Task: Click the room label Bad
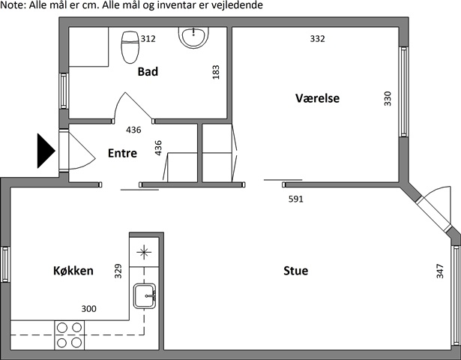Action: (x=148, y=71)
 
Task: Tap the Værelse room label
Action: (x=318, y=98)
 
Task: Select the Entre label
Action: (x=122, y=153)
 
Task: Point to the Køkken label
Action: (x=73, y=270)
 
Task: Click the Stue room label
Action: (x=296, y=271)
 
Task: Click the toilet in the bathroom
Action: (x=130, y=47)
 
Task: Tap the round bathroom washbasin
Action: (x=193, y=37)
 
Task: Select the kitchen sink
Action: (x=145, y=296)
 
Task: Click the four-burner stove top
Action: (x=70, y=335)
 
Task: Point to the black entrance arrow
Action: (x=46, y=151)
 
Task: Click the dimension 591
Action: (x=296, y=199)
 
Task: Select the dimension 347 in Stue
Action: (x=440, y=271)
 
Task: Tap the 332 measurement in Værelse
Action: (x=318, y=39)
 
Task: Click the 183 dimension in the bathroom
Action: (x=216, y=72)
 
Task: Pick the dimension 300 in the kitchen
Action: (x=88, y=308)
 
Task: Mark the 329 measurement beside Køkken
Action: (x=118, y=271)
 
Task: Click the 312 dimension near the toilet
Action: (x=148, y=39)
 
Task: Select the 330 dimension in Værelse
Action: (x=388, y=99)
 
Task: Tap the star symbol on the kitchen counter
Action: (x=144, y=252)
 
